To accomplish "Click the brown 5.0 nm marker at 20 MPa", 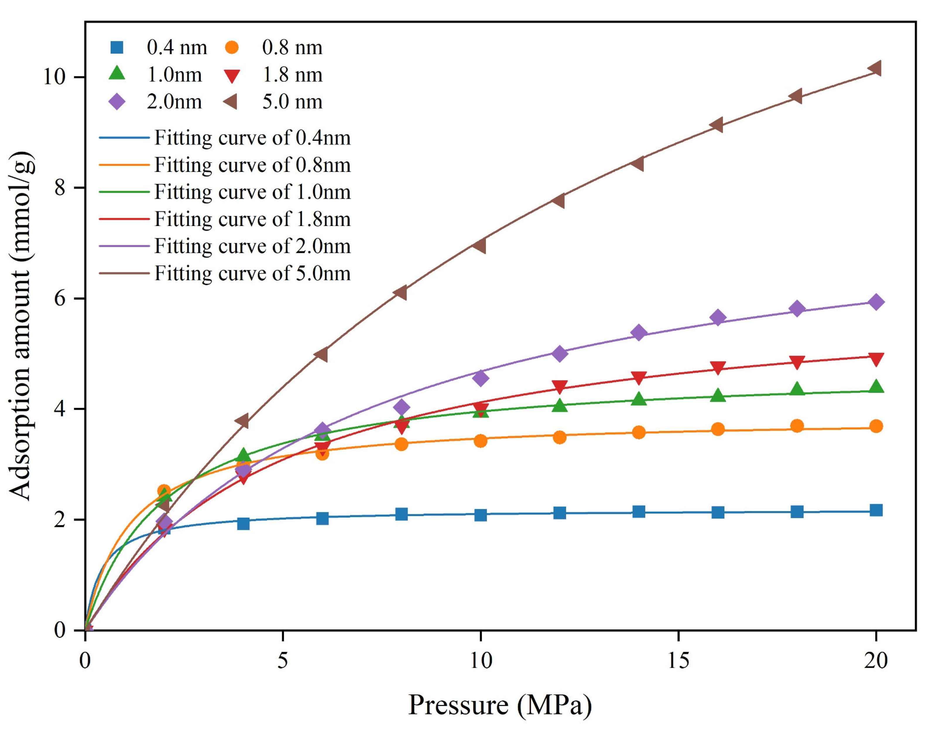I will click(875, 68).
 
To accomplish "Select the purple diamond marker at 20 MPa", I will click(876, 302).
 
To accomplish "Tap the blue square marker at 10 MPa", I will click(480, 515).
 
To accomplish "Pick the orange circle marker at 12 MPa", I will click(559, 437).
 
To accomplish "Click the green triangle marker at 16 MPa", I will click(718, 395).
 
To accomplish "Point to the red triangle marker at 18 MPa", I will click(797, 362).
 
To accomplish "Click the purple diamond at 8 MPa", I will click(401, 407).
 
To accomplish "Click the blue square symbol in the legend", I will click(117, 47).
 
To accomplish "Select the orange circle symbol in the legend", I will click(232, 47).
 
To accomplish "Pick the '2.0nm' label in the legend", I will click(174, 102).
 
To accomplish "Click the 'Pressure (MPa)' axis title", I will click(500, 705).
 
